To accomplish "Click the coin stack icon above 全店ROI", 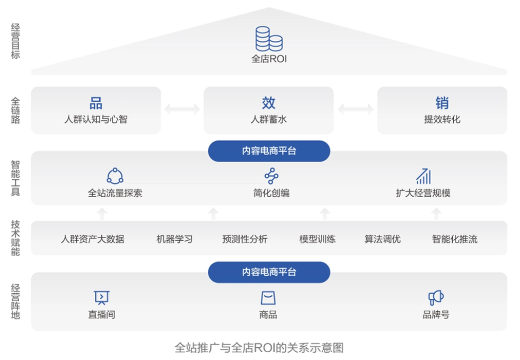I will (x=269, y=39).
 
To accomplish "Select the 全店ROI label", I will (x=269, y=59).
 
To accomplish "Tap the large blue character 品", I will (x=96, y=103).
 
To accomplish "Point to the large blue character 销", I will (x=442, y=103).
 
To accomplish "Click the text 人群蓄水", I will (x=269, y=120).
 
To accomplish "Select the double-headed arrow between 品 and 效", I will (x=182, y=109).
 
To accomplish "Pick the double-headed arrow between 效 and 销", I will (x=356, y=109).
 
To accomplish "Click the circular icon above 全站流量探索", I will (x=115, y=176).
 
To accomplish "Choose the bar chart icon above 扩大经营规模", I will (x=424, y=176).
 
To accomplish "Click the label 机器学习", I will (x=174, y=239).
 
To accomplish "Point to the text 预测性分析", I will (x=245, y=239).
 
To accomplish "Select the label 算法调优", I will (x=382, y=239).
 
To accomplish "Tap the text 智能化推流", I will (x=454, y=239).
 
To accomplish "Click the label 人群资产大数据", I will (x=93, y=239).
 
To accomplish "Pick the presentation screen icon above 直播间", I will (x=101, y=298).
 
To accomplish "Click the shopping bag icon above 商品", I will (x=268, y=298).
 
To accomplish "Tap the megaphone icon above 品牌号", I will (x=436, y=298).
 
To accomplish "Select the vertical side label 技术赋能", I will (x=15, y=238).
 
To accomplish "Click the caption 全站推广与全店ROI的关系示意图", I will (x=259, y=348).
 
